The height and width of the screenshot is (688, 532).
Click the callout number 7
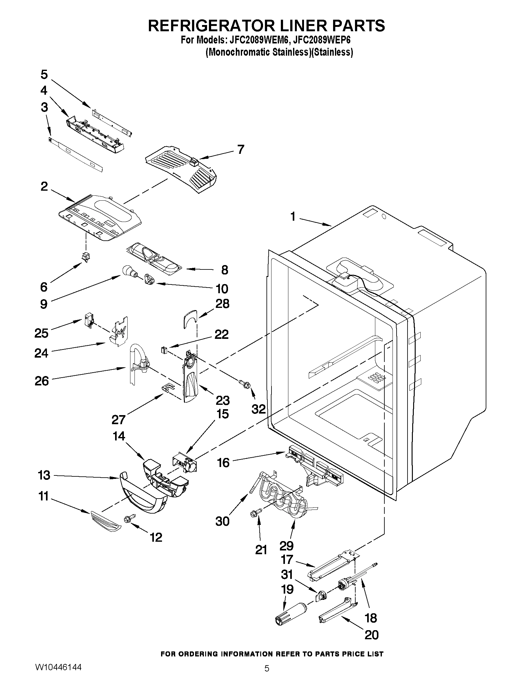pyautogui.click(x=241, y=149)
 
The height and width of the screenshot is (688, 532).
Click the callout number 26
pyautogui.click(x=42, y=381)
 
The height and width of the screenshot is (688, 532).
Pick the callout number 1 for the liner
pyautogui.click(x=293, y=216)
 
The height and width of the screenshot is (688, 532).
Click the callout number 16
pyautogui.click(x=223, y=463)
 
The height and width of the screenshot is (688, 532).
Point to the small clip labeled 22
pyautogui.click(x=163, y=350)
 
